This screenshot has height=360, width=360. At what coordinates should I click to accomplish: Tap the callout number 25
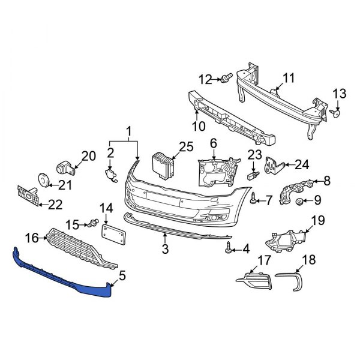pyautogui.click(x=186, y=146)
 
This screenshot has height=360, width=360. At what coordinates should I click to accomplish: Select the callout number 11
pyautogui.click(x=289, y=78)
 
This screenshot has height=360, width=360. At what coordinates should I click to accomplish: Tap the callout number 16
pyautogui.click(x=32, y=238)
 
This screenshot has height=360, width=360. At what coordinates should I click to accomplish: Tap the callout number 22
pyautogui.click(x=55, y=205)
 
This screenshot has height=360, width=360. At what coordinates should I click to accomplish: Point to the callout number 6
pyautogui.click(x=212, y=143)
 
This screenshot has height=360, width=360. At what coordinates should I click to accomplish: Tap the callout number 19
pyautogui.click(x=317, y=220)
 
